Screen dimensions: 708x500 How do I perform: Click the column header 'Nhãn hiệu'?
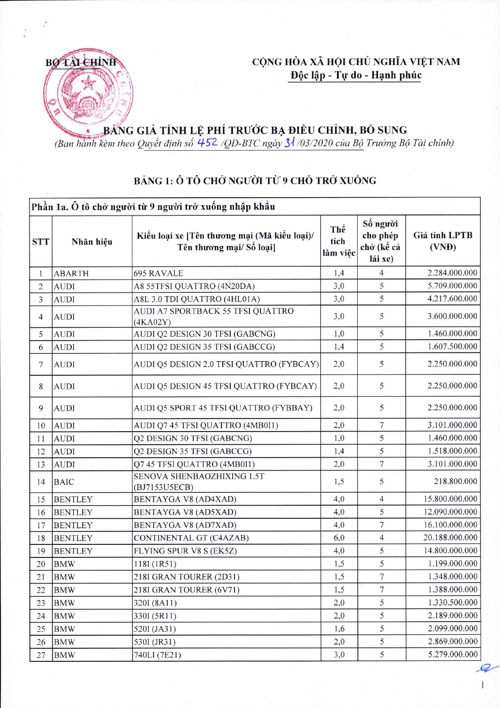click(92, 241)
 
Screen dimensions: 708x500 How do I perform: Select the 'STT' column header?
click(40, 241)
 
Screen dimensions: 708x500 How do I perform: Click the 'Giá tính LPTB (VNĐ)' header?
click(442, 241)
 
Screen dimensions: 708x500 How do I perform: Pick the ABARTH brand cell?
click(71, 273)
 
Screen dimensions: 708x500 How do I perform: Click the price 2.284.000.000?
click(452, 273)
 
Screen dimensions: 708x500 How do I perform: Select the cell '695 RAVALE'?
click(158, 273)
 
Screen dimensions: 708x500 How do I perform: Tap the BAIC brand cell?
click(64, 482)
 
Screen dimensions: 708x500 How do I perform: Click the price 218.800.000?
click(455, 481)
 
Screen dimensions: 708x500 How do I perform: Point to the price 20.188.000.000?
click(450, 538)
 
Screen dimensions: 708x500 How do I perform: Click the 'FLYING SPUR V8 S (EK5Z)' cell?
click(185, 551)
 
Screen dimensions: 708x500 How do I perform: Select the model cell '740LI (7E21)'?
click(157, 655)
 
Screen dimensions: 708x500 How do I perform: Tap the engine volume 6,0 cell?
click(339, 538)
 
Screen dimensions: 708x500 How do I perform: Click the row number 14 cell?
click(41, 482)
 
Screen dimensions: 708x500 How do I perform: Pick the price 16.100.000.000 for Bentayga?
click(450, 525)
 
